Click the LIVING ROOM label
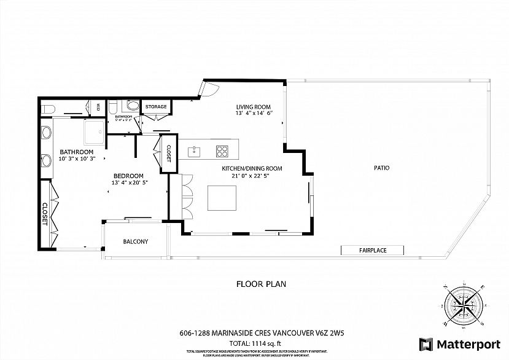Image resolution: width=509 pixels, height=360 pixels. pos(253,107)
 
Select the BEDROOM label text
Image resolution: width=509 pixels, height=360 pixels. pos(128,175)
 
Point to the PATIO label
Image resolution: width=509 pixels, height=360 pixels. pos(380,168)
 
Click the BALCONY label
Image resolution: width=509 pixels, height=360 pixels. pos(136,241)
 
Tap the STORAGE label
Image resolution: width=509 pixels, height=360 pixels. pos(156,107)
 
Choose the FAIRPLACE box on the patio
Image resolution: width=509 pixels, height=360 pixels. pos(373,250)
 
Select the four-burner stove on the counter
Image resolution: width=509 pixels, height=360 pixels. pos(222,150)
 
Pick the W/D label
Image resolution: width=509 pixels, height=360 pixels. pos(97,107)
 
